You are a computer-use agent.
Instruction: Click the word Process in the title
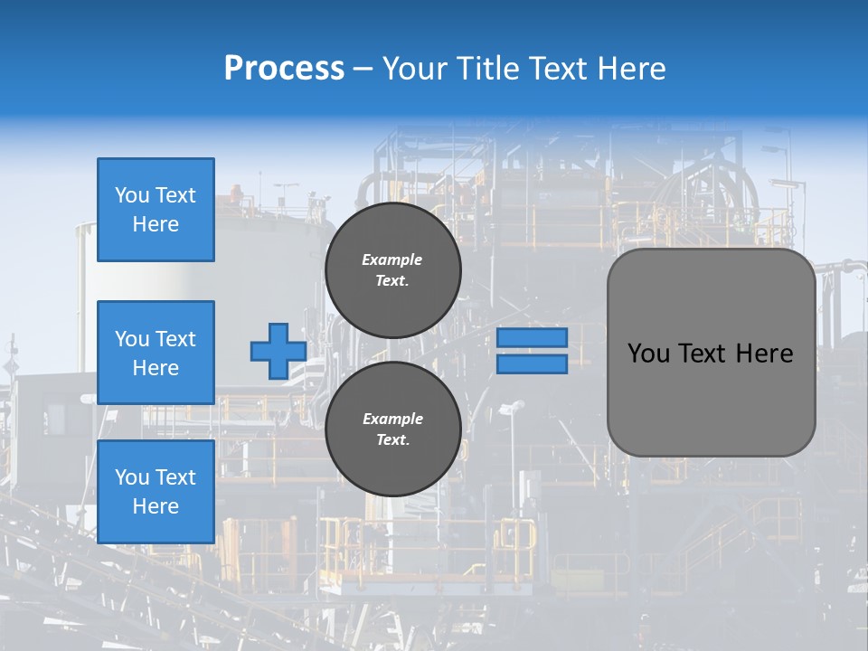(x=284, y=69)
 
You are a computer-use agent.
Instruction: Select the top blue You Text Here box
(x=156, y=210)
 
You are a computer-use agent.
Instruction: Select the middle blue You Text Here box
(x=156, y=353)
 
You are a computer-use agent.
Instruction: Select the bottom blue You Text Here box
(x=156, y=492)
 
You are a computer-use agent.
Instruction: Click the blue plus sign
(x=278, y=352)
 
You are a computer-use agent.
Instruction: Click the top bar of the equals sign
(x=532, y=338)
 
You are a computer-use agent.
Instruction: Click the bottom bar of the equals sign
(x=532, y=364)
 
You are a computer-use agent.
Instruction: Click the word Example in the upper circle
(x=392, y=259)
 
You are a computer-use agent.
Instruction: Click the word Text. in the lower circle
(x=392, y=440)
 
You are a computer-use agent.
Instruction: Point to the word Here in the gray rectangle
(x=764, y=354)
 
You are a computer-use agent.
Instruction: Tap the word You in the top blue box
(x=132, y=195)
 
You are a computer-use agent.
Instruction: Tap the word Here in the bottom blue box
(x=156, y=506)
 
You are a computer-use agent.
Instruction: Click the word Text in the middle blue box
(x=175, y=339)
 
